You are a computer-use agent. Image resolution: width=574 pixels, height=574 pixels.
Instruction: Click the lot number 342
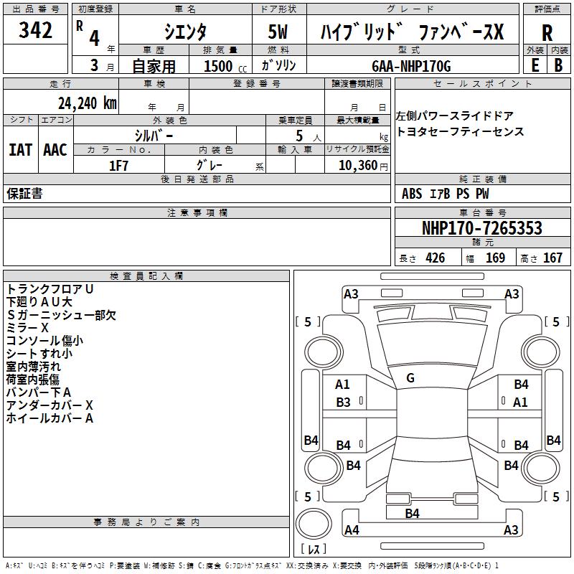[x=36, y=31]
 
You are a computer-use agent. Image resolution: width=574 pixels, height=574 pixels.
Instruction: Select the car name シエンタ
[x=186, y=32]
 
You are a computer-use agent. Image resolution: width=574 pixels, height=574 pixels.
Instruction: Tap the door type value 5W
[x=279, y=32]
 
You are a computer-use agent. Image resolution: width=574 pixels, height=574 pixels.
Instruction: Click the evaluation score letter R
[x=547, y=33]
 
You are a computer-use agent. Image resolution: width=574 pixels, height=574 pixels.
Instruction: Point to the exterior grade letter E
[x=535, y=65]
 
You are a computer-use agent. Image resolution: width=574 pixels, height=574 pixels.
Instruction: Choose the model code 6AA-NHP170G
[x=411, y=66]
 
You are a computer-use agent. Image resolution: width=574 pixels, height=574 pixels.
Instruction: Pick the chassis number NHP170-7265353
[x=481, y=228]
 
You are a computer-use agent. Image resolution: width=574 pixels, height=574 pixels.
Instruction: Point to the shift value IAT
[x=20, y=150]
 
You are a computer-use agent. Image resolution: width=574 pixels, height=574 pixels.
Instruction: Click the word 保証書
[x=24, y=194]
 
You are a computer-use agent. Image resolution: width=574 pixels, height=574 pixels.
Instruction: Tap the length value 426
[x=435, y=258]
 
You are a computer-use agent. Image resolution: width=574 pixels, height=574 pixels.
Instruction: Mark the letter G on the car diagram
[x=410, y=378]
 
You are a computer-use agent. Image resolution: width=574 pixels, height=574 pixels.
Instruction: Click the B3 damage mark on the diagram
[x=343, y=403]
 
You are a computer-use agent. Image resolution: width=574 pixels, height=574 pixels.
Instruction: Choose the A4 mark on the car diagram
[x=352, y=531]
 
